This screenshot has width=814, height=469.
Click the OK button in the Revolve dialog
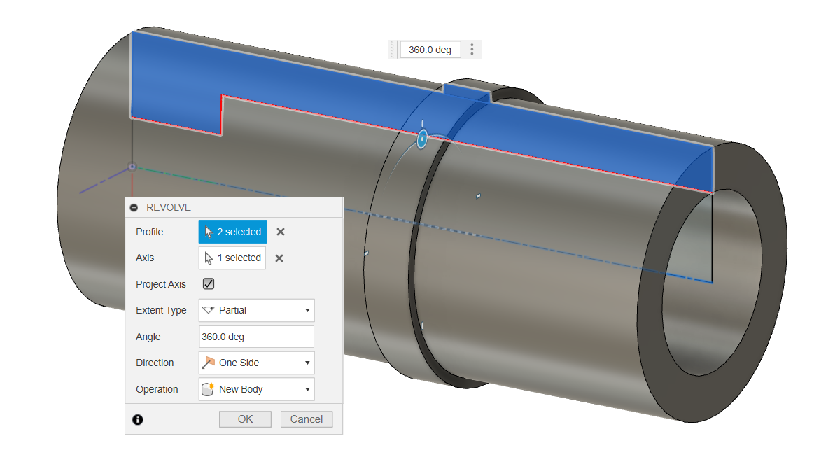pyautogui.click(x=245, y=419)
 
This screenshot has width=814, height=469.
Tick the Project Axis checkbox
pyautogui.click(x=209, y=284)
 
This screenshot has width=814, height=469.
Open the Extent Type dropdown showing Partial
pyautogui.click(x=256, y=310)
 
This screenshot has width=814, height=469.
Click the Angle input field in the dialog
pyautogui.click(x=256, y=337)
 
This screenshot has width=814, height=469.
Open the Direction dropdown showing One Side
pyautogui.click(x=256, y=363)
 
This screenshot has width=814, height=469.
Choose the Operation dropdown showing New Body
pyautogui.click(x=256, y=389)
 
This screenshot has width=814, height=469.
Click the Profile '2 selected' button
pyautogui.click(x=232, y=232)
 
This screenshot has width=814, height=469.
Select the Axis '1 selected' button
pyautogui.click(x=232, y=258)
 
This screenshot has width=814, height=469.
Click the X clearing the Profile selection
pyautogui.click(x=280, y=232)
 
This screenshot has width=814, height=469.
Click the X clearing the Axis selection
pyautogui.click(x=279, y=258)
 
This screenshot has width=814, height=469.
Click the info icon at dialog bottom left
pyautogui.click(x=138, y=420)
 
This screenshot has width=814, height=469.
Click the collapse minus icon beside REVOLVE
pyautogui.click(x=134, y=208)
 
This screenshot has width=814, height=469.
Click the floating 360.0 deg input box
pyautogui.click(x=430, y=50)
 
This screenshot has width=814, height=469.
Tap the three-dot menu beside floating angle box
pyautogui.click(x=472, y=50)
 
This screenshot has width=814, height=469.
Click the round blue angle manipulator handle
pyautogui.click(x=422, y=139)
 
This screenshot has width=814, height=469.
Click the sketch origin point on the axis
pyautogui.click(x=132, y=167)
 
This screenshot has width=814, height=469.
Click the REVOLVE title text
pyautogui.click(x=169, y=208)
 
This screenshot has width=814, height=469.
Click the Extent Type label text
pyautogui.click(x=161, y=310)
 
